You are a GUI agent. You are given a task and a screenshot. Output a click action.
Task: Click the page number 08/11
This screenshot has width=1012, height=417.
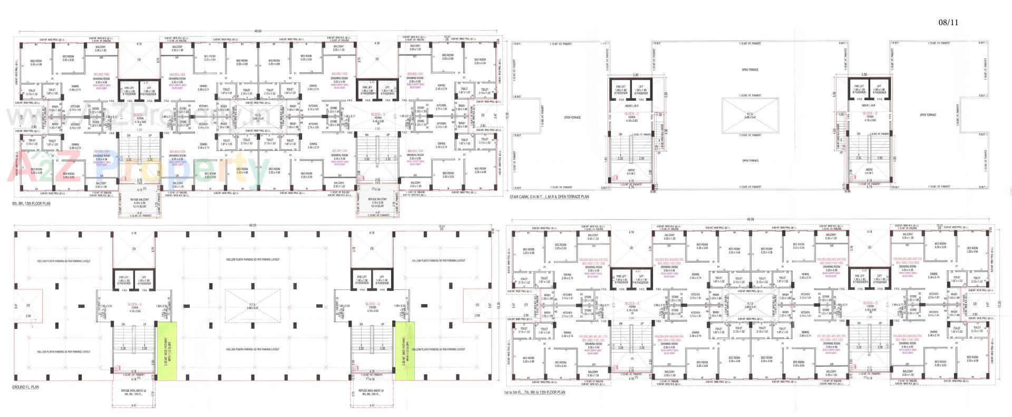pyautogui.click(x=948, y=22)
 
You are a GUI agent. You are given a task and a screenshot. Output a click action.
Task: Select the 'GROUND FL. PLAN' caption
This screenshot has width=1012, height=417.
pyautogui.click(x=25, y=387)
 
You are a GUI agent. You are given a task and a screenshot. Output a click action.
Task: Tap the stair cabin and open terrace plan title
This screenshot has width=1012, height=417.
pyautogui.click(x=550, y=197)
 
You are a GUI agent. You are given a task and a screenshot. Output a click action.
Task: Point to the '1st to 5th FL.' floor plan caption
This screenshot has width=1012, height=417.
pyautogui.click(x=536, y=392)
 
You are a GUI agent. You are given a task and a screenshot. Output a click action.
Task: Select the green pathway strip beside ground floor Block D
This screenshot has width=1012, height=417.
pyautogui.click(x=405, y=351)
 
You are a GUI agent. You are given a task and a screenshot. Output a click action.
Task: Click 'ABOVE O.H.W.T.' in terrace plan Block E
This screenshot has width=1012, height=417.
pyautogui.click(x=631, y=171)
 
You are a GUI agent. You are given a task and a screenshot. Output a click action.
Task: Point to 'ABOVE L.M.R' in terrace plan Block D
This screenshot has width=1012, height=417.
pyautogui.click(x=869, y=105)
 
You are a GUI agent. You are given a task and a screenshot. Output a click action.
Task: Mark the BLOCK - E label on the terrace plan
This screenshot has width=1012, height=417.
pyautogui.click(x=631, y=114)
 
